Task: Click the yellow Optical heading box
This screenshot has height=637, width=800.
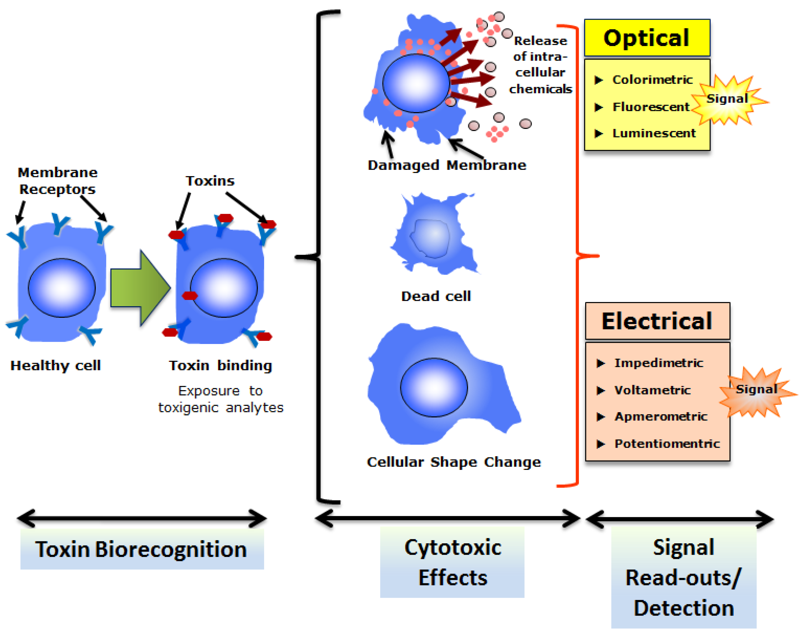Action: point(647,38)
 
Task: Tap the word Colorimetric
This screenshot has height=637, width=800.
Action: point(652,80)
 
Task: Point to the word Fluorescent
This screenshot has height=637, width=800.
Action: point(651,107)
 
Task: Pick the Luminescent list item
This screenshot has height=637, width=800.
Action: point(654,133)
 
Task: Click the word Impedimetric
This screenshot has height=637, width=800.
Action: point(659,363)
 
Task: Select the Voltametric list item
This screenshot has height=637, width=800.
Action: point(652,390)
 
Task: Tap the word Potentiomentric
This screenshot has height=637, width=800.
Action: point(667,444)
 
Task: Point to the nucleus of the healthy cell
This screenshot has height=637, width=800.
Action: point(62,288)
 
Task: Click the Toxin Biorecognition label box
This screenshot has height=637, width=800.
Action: point(142,549)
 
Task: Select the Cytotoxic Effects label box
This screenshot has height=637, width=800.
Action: point(452,562)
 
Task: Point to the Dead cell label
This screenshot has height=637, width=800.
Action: point(436,296)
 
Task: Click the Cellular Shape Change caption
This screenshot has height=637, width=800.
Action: point(454,462)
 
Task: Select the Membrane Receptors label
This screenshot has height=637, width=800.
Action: point(58,181)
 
